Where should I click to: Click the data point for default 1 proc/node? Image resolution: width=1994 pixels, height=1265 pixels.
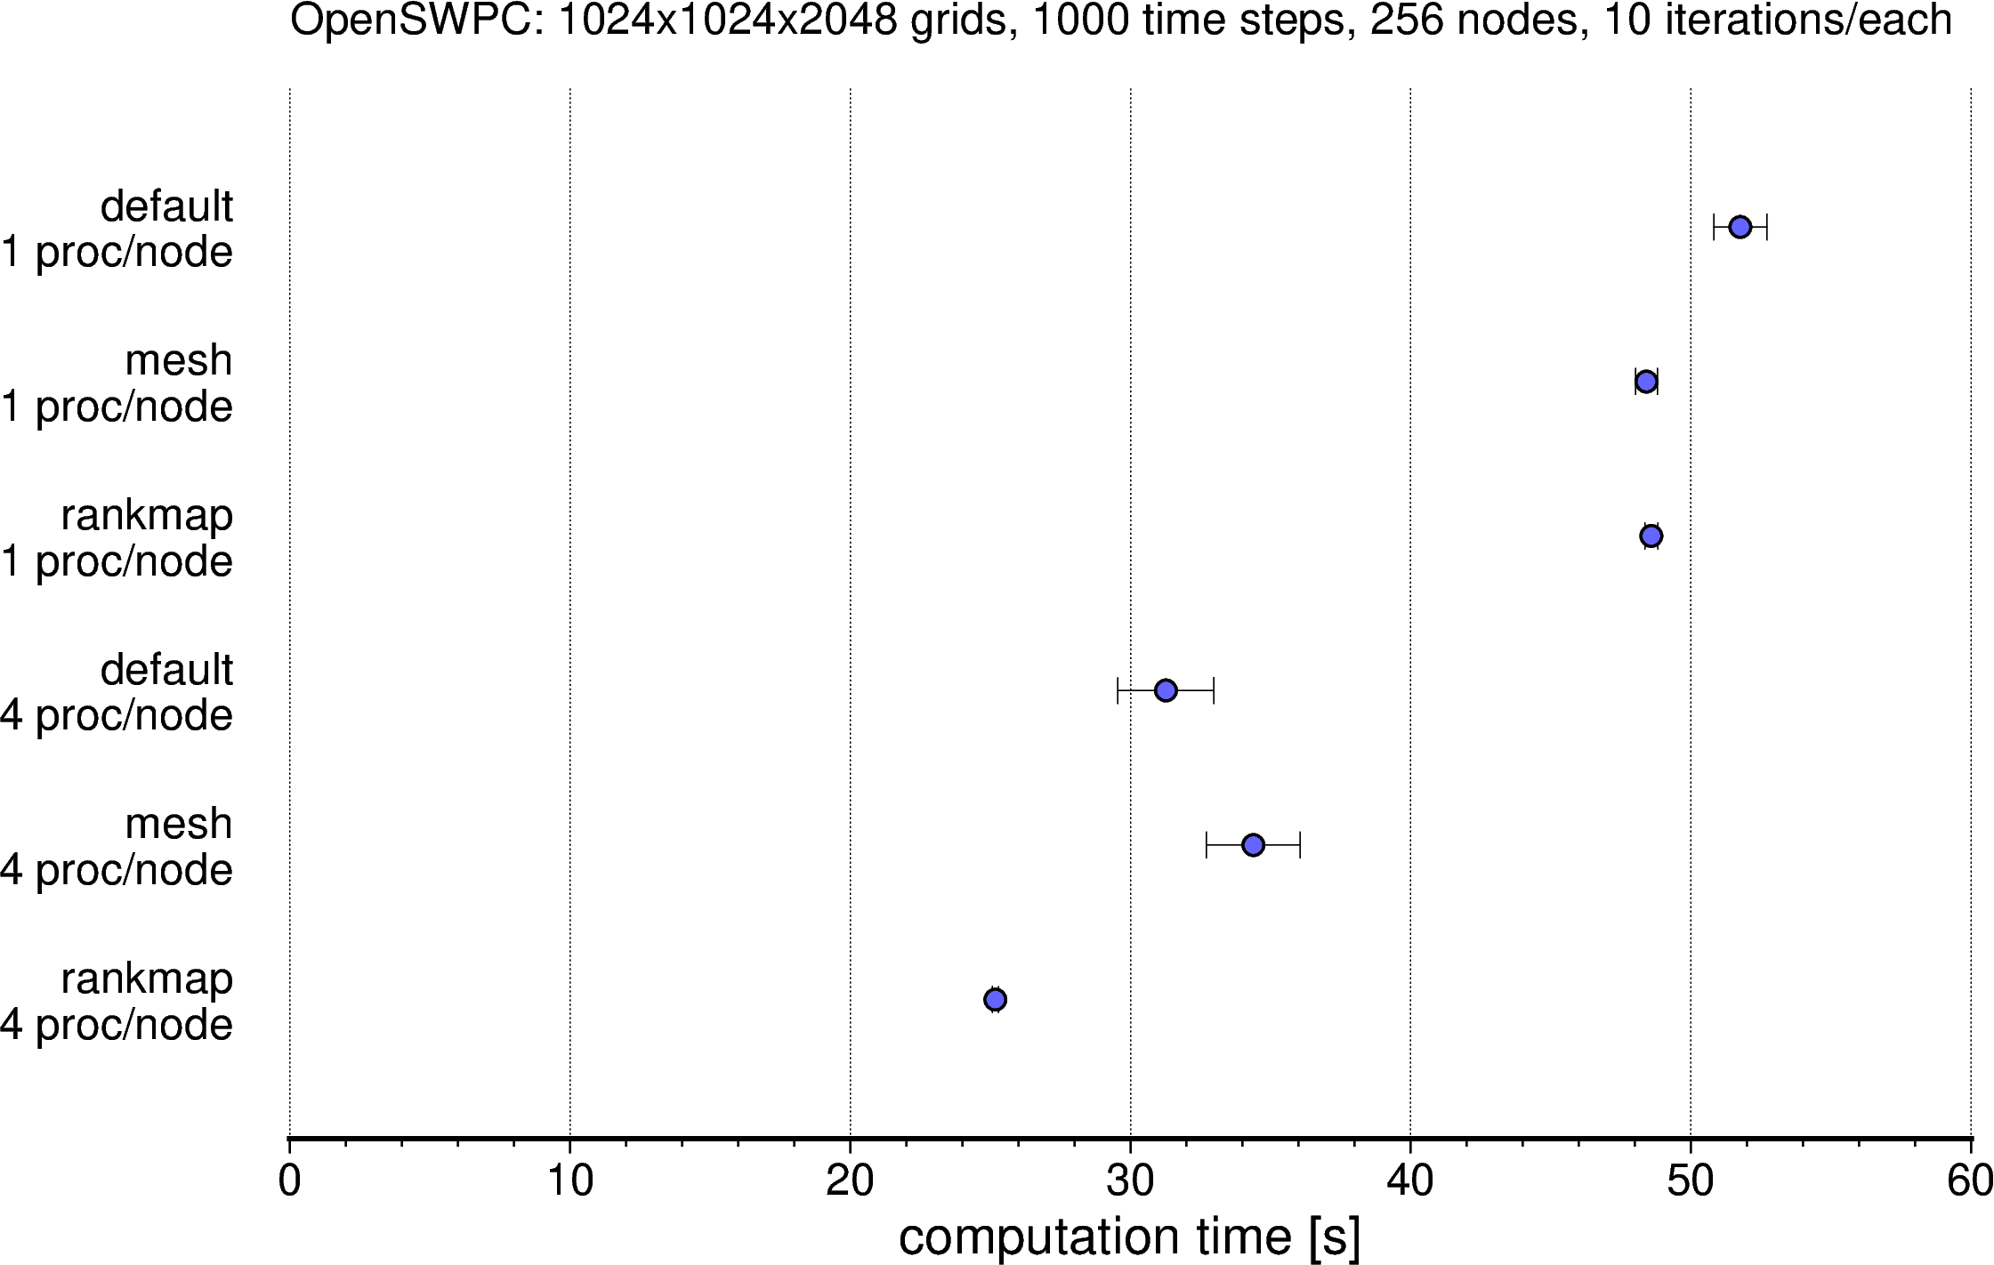[x=1740, y=227]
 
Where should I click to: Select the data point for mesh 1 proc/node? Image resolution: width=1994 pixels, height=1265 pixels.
[x=1646, y=382]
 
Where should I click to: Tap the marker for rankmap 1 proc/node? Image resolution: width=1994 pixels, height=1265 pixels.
[x=1651, y=536]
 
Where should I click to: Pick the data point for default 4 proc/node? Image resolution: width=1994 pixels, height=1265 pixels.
[x=1166, y=690]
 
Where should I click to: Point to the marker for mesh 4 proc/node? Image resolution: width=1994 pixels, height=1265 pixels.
[x=1253, y=845]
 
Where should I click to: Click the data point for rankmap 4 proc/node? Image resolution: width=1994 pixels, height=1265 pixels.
[x=996, y=999]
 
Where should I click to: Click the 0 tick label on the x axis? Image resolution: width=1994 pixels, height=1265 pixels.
[x=289, y=1181]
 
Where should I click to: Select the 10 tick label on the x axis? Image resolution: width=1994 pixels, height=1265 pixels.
[x=569, y=1181]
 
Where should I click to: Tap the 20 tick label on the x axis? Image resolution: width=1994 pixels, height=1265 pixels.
[x=850, y=1181]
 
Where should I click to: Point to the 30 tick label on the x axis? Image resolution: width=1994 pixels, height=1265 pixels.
[x=1130, y=1181]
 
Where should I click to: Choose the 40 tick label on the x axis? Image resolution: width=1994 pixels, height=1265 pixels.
[x=1410, y=1181]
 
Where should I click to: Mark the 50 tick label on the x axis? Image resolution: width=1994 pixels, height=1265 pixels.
[x=1691, y=1181]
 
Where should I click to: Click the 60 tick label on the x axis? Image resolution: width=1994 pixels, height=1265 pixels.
[x=1970, y=1181]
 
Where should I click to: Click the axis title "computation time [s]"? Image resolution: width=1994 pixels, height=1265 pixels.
[x=1129, y=1237]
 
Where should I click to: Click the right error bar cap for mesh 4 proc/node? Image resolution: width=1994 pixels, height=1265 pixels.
[x=1300, y=845]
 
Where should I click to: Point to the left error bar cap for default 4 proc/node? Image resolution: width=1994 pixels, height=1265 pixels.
[x=1118, y=690]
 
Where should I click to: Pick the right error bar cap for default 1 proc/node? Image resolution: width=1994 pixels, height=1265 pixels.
[x=1766, y=227]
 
